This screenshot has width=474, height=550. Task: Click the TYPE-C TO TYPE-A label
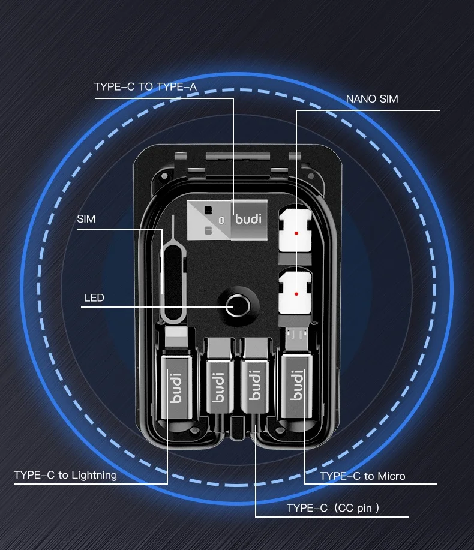click(x=145, y=87)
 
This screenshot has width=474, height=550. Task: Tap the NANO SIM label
click(x=372, y=98)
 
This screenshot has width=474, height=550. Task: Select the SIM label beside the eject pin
click(x=86, y=219)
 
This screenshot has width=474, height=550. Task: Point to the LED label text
click(x=94, y=297)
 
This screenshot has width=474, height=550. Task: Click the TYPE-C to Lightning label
click(x=65, y=475)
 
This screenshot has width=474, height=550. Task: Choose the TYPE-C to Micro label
click(x=362, y=476)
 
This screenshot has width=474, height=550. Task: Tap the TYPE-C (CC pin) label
click(x=332, y=509)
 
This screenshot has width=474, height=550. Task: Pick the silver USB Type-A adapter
click(x=225, y=219)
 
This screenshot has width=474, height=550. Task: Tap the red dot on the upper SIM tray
click(x=296, y=232)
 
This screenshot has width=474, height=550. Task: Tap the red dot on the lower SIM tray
click(x=296, y=294)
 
